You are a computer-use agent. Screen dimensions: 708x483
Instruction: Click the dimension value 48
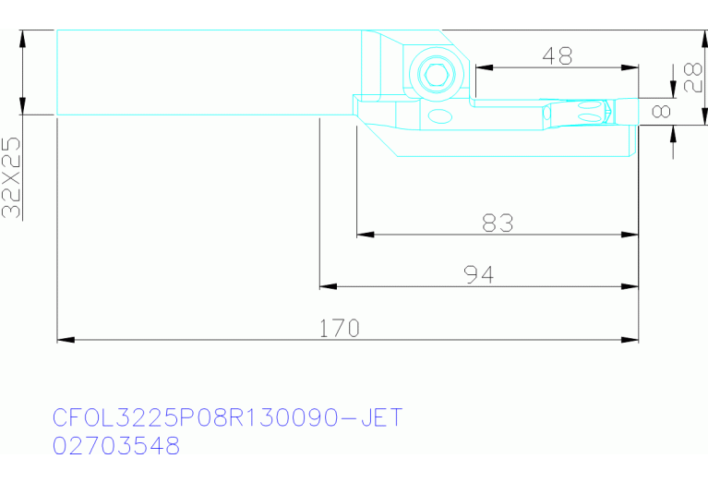558,56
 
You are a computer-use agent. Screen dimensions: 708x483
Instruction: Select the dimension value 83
498,223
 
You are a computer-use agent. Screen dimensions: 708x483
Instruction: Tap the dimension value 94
479,274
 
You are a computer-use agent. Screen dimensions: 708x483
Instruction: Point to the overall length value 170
340,329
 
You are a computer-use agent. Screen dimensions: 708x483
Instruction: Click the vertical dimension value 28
693,78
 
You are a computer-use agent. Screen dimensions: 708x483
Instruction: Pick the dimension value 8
662,111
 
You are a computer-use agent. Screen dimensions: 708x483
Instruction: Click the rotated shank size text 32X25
11,177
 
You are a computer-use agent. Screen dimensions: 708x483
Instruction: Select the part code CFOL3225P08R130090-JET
227,417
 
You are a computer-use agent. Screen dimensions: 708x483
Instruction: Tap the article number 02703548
116,446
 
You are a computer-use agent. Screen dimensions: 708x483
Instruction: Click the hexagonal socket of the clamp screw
437,75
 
